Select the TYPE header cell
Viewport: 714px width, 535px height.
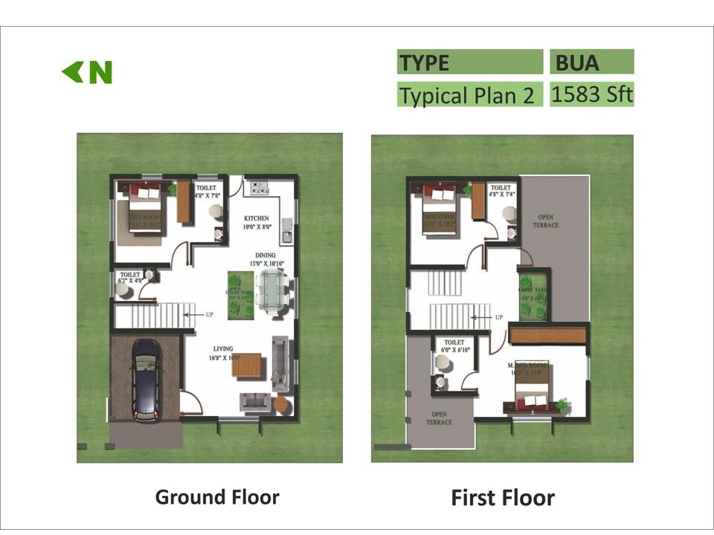(469, 62)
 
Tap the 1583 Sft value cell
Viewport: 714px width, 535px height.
(592, 94)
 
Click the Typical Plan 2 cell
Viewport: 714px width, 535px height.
(469, 95)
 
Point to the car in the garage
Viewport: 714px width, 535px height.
(146, 380)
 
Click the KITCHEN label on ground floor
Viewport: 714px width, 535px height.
(256, 218)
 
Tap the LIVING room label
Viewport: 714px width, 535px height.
(222, 348)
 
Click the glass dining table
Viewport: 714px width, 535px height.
(271, 289)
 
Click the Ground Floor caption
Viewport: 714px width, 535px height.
(217, 496)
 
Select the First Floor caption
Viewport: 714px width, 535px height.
(503, 497)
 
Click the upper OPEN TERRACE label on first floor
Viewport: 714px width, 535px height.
(546, 221)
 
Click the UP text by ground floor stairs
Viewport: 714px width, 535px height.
(210, 315)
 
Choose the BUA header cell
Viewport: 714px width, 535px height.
(592, 62)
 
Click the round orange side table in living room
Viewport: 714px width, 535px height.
(280, 404)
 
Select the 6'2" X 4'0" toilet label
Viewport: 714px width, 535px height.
(130, 278)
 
